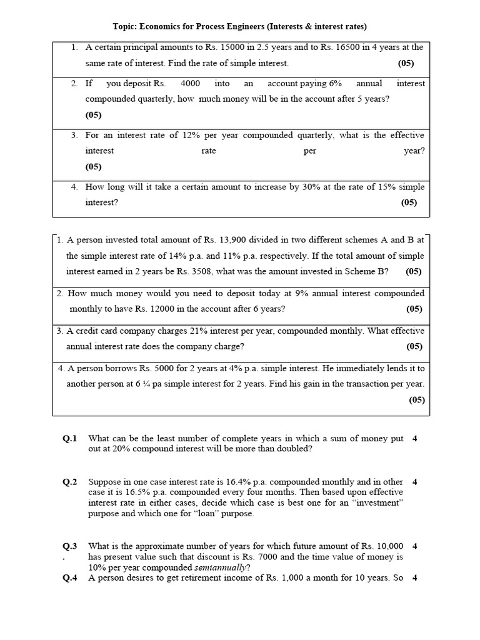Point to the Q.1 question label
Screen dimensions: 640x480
[69, 439]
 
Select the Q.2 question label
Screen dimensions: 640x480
[69, 482]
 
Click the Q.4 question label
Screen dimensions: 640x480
[69, 578]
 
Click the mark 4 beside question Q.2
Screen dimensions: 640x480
[415, 482]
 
